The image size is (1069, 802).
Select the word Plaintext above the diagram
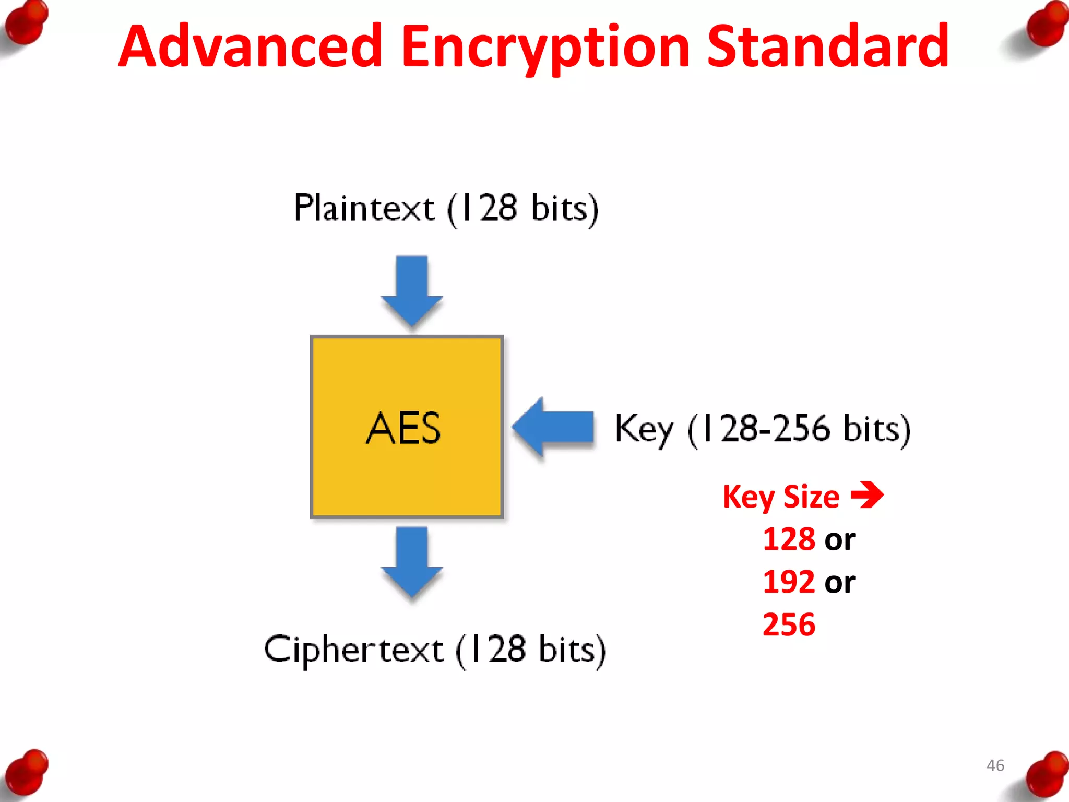[x=364, y=208]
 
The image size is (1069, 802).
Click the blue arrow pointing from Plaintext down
[x=412, y=290]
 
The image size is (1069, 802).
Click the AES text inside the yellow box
[x=403, y=428]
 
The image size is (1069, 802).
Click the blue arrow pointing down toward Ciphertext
[x=412, y=561]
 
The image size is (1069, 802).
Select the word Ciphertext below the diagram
[x=353, y=650]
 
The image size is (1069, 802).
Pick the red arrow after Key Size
[x=867, y=494]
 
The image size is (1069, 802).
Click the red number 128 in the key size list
[x=789, y=539]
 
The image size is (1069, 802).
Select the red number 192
[x=789, y=582]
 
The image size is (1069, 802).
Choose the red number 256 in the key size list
[x=789, y=624]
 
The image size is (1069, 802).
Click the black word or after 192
[x=839, y=583]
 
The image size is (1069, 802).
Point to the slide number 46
[x=995, y=765]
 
